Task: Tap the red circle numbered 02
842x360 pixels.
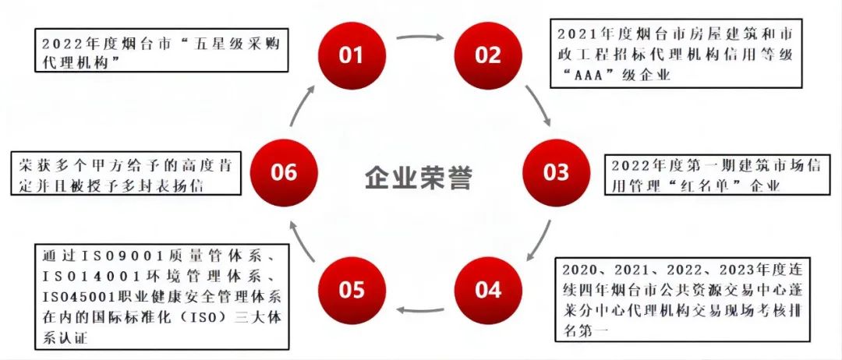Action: [489, 55]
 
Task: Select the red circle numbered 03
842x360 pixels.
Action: [556, 171]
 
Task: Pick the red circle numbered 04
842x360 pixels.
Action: [489, 289]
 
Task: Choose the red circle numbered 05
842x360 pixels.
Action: [352, 289]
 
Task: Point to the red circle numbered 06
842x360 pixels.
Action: [284, 171]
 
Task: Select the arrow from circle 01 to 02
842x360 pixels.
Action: [419, 37]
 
